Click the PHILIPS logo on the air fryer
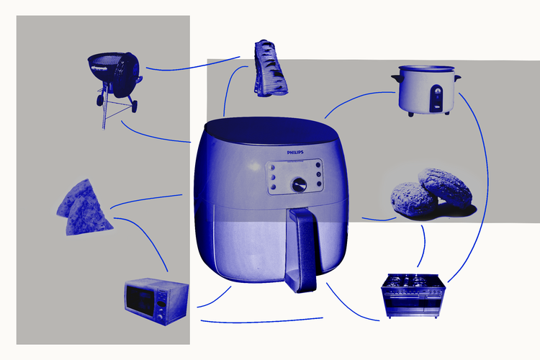click(295, 152)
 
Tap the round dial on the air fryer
click(300, 184)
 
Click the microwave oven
click(157, 301)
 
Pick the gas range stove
click(413, 296)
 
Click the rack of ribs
click(270, 68)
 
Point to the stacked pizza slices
click(84, 208)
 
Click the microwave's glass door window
click(140, 300)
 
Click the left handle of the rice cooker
click(397, 78)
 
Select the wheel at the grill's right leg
click(134, 107)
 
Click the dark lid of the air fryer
click(271, 130)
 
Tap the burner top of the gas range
click(413, 281)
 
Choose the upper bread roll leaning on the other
click(445, 187)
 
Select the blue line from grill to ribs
click(193, 66)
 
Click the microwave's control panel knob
click(160, 317)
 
